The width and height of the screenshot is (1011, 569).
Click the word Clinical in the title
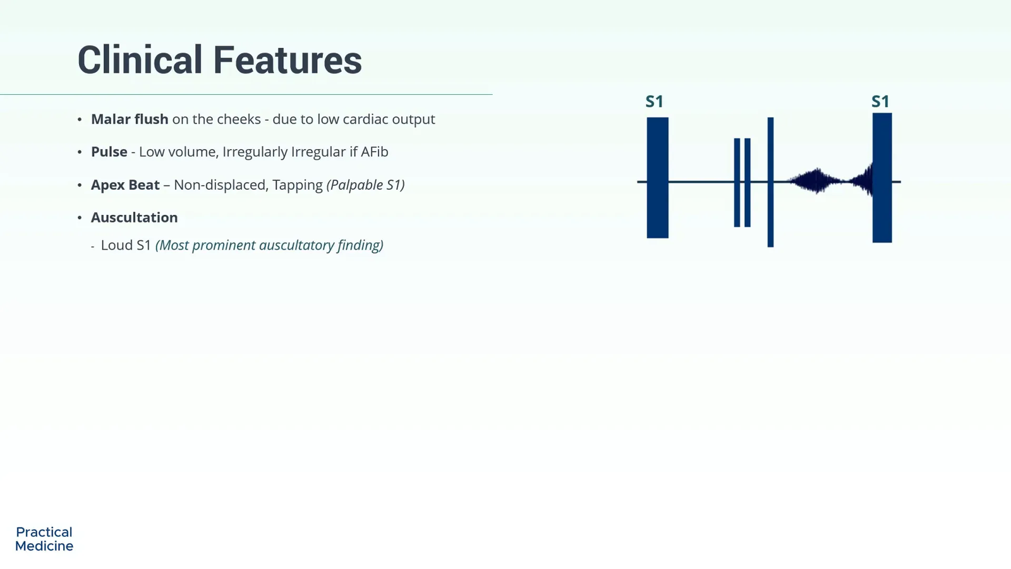click(x=140, y=60)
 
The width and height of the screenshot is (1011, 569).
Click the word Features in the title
click(x=288, y=60)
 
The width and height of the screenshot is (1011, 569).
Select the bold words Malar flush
click(x=130, y=119)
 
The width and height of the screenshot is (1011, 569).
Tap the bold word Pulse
click(x=109, y=152)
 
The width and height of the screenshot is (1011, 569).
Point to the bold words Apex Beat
click(x=126, y=185)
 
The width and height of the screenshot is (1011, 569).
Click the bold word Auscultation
click(x=135, y=217)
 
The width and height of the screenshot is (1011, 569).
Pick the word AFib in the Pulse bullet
click(x=374, y=152)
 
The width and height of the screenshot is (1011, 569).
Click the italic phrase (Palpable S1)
click(x=366, y=185)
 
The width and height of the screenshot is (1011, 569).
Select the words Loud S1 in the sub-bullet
click(x=126, y=245)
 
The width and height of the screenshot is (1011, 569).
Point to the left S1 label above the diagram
click(x=655, y=102)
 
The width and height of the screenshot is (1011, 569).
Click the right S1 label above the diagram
click(x=880, y=102)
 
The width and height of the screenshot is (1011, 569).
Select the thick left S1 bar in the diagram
click(x=658, y=178)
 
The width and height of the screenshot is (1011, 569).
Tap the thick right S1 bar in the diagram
click(x=882, y=178)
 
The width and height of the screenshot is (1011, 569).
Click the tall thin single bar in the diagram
click(x=770, y=182)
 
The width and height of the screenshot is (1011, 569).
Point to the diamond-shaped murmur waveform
click(x=816, y=181)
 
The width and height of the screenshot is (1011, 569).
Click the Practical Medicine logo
click(x=44, y=539)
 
